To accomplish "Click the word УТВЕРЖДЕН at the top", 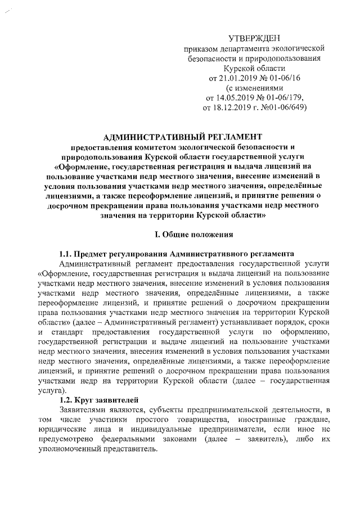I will pos(258,38).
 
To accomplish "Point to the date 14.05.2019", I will pos(229,98).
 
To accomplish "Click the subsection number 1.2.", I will pos(67,400).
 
